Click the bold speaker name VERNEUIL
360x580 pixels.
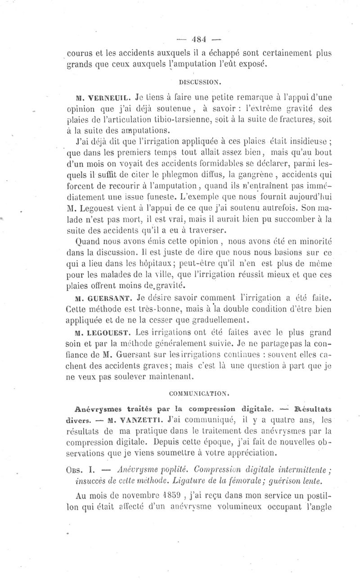(x=102, y=96)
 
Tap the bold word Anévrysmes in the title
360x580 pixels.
(x=97, y=408)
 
